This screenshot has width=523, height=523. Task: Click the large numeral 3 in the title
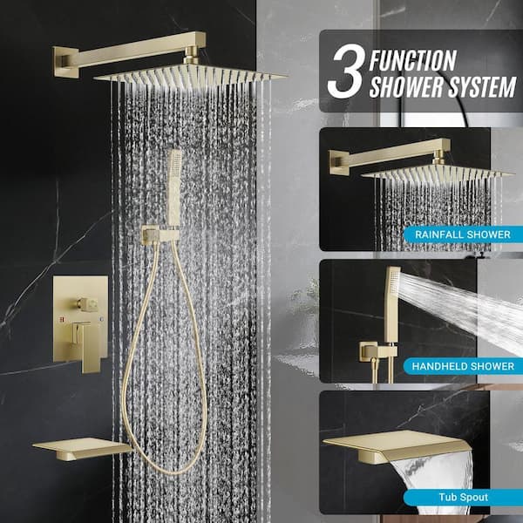point(346,71)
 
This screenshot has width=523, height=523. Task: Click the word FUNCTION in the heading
point(412,60)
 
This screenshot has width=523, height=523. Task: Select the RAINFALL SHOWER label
point(463,234)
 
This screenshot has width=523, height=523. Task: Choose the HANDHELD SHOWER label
point(463,366)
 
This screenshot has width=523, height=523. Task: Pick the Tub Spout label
point(464,498)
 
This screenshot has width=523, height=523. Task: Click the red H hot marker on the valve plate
point(62,320)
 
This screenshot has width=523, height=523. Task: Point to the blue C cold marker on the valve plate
point(101,319)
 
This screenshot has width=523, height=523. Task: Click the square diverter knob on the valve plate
point(88,304)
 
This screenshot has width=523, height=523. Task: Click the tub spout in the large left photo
point(82,449)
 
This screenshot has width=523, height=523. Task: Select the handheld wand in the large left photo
point(174,187)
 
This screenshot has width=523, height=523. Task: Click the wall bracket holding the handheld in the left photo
point(160,234)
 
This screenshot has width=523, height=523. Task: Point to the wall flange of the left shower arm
point(65,62)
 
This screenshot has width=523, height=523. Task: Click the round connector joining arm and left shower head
point(191,55)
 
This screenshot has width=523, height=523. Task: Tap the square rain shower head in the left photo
point(190,77)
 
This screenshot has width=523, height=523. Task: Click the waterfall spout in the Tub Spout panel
point(397,446)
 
